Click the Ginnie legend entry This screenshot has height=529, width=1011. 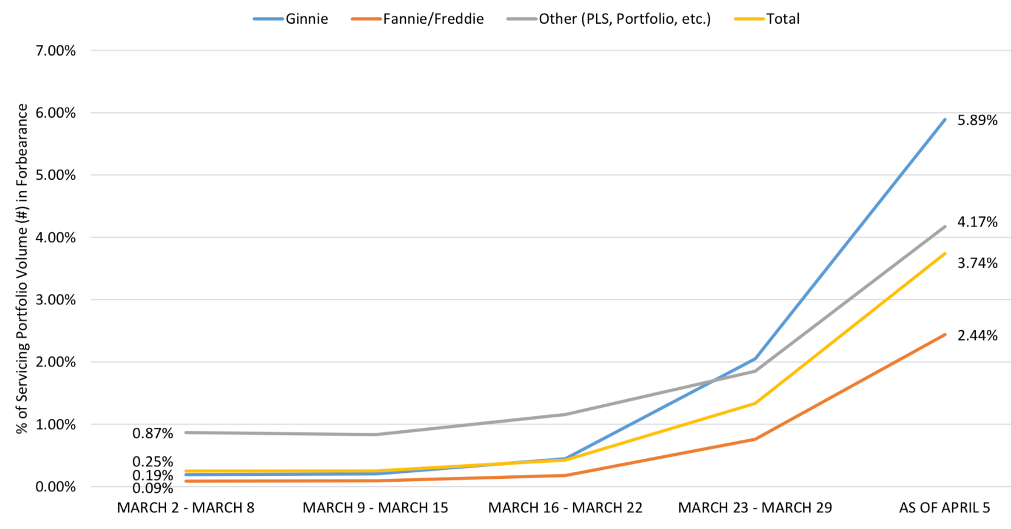tap(291, 19)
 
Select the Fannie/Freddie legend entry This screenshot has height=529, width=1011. tap(417, 19)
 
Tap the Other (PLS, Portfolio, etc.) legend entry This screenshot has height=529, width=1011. tap(609, 19)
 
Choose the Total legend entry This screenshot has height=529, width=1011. tap(767, 19)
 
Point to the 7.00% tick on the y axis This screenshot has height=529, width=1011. tap(56, 51)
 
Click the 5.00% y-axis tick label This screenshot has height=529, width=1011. tap(56, 175)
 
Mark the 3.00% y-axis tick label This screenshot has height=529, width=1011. tap(56, 300)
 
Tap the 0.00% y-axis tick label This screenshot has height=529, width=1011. tap(56, 487)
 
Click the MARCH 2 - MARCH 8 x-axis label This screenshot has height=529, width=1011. tap(186, 508)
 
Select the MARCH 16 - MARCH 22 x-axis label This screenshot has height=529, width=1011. tap(565, 508)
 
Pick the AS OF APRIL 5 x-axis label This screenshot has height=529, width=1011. tap(945, 508)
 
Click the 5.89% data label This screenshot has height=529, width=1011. tap(978, 121)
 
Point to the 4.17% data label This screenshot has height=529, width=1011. tap(978, 222)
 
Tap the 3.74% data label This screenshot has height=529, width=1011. tap(978, 263)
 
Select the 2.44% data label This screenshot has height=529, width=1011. tap(978, 336)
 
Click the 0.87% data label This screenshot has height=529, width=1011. tap(153, 434)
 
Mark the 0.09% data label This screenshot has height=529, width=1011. tap(153, 488)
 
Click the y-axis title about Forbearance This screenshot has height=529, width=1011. tap(22, 269)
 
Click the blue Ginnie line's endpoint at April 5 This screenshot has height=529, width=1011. tap(945, 119)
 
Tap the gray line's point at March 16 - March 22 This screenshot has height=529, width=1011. tap(565, 414)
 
